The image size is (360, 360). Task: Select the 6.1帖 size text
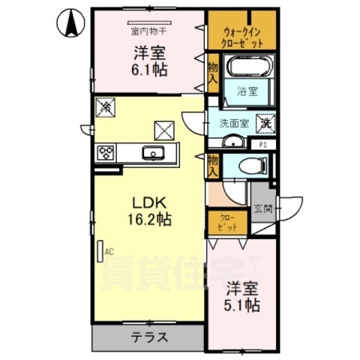tap(150, 69)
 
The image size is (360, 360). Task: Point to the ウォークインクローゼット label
tap(243, 37)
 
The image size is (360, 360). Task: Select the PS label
tap(262, 143)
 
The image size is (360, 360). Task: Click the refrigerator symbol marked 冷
tap(105, 109)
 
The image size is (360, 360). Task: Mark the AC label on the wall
tap(109, 252)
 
